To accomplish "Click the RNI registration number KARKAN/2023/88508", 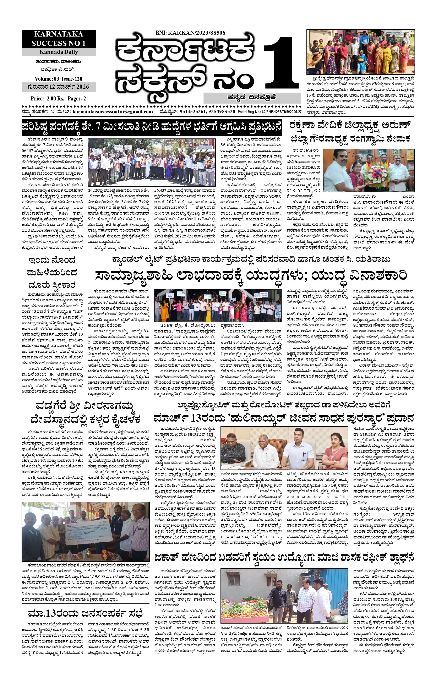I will [191, 33].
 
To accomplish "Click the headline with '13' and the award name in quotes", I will [283, 418].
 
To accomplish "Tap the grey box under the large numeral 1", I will [252, 98].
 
